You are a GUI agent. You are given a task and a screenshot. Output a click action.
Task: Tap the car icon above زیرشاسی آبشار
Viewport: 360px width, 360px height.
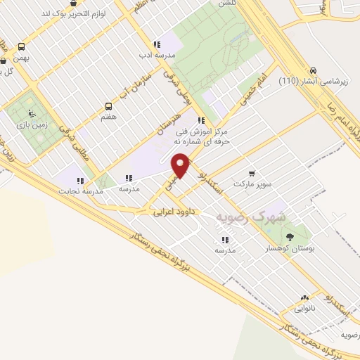click(313, 70)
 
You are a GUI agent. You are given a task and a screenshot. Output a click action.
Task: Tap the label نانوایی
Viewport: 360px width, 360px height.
click(305, 309)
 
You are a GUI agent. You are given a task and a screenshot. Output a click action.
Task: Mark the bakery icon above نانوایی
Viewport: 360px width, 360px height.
click(305, 298)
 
